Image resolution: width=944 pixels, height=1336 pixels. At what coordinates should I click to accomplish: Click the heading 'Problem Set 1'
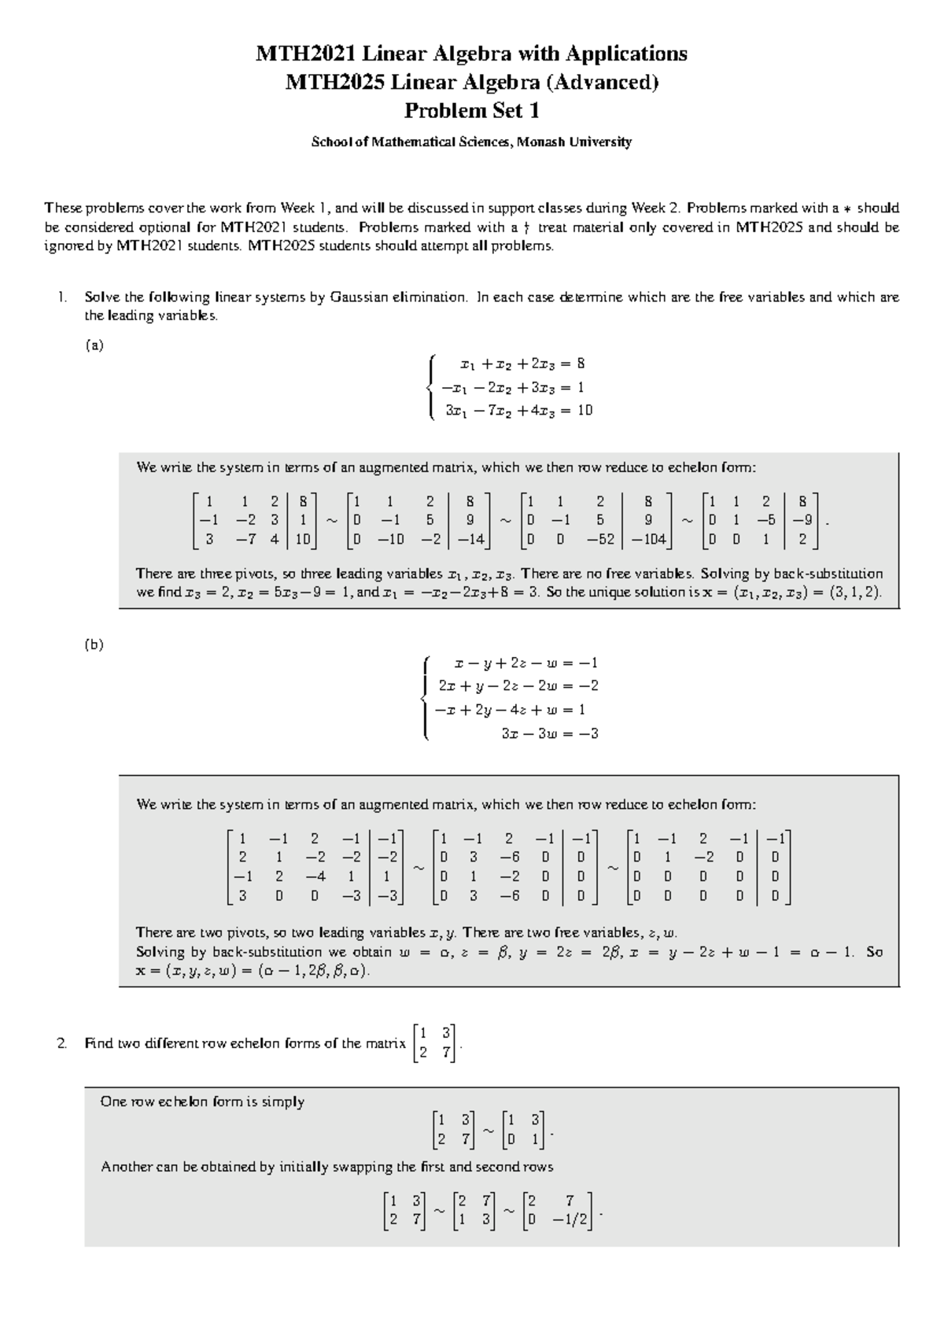471,111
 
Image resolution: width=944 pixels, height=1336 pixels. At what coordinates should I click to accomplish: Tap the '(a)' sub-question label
94,345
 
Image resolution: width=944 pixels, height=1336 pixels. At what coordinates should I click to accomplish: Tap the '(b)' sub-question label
94,644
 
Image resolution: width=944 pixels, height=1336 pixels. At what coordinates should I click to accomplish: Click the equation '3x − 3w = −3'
550,733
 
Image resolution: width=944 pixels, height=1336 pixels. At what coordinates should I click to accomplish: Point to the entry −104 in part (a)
649,540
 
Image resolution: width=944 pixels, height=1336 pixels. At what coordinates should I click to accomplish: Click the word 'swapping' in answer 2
363,1167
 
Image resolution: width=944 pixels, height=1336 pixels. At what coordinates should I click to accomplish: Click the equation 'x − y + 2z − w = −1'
521,663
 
